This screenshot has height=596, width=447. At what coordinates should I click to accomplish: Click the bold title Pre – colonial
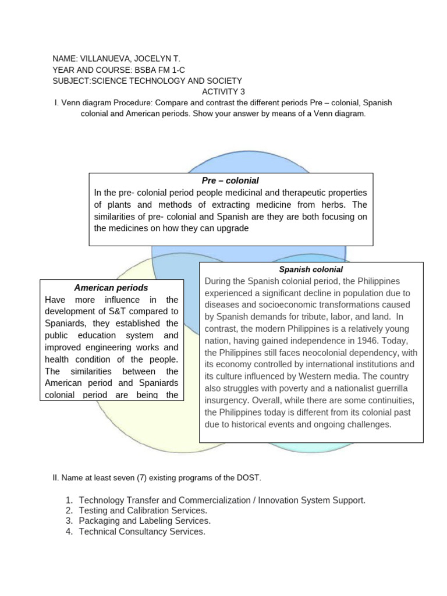pyautogui.click(x=230, y=180)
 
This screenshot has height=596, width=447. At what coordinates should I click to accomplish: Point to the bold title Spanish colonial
pyautogui.click(x=311, y=269)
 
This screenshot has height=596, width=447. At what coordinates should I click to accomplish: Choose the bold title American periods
pyautogui.click(x=111, y=288)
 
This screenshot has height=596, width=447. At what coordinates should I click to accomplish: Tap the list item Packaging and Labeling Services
pyautogui.click(x=144, y=521)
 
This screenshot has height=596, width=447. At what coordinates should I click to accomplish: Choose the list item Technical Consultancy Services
pyautogui.click(x=142, y=531)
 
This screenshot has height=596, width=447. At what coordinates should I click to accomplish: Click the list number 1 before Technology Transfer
pyautogui.click(x=68, y=500)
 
